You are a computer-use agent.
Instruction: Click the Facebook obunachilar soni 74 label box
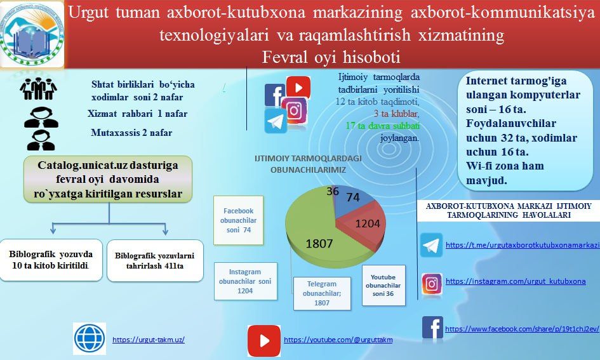pos(239,220)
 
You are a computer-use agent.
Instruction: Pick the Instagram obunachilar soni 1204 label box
pos(245,281)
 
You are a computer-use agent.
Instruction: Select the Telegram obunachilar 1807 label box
pos(322,293)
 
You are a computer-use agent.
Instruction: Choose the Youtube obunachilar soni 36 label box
pos(383,285)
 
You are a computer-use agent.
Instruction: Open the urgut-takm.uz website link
pos(149,340)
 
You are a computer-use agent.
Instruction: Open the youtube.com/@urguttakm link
pos(338,340)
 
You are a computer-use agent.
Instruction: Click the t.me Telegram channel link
pos(522,245)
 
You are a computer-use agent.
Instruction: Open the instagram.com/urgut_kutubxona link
pos(515,281)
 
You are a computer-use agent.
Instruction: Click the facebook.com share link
pos(522,329)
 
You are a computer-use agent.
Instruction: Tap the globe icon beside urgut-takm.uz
pos(90,338)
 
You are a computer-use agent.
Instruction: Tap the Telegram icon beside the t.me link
pos(431,245)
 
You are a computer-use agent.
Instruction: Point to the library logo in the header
pos(32,33)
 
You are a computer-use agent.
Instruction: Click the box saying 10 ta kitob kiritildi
pos(50,260)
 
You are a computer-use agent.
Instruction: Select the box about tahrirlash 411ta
pos(155,260)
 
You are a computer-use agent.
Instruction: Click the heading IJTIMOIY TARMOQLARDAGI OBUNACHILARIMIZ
pos(300,164)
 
